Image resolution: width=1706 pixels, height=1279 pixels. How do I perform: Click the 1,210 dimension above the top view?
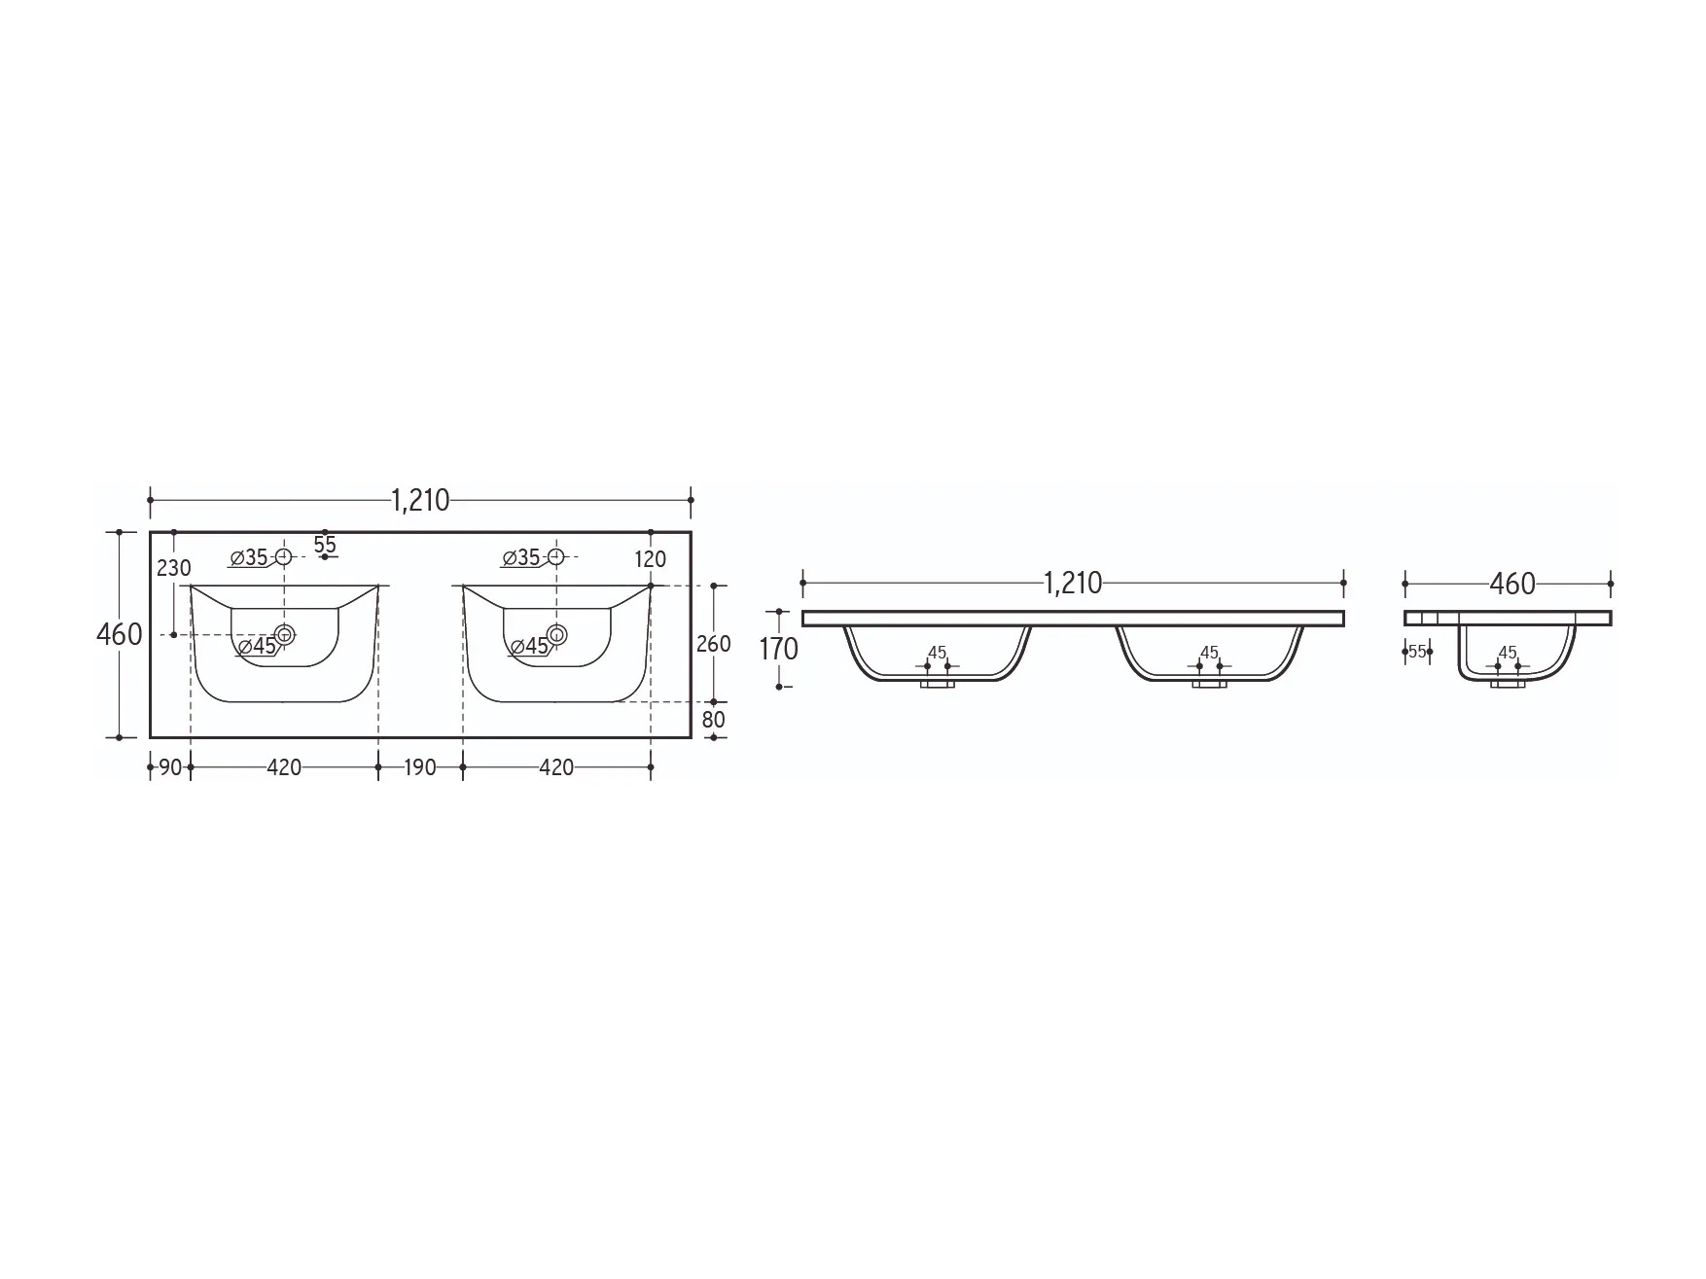pos(420,500)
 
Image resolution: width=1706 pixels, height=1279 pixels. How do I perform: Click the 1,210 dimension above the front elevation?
pos(1073,583)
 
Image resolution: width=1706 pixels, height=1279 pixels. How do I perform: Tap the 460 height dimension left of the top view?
pos(120,634)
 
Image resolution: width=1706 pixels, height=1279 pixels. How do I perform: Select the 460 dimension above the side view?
pos(1512,584)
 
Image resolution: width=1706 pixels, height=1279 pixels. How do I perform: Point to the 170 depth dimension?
pos(778,649)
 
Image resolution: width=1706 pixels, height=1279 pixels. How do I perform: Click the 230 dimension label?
pos(174,567)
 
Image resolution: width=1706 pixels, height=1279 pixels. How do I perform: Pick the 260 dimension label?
pos(714,644)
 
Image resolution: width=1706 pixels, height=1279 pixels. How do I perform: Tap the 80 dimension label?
pos(714,720)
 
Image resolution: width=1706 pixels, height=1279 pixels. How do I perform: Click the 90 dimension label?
pos(170,767)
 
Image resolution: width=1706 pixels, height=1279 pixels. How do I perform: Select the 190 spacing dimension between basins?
pos(419,767)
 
